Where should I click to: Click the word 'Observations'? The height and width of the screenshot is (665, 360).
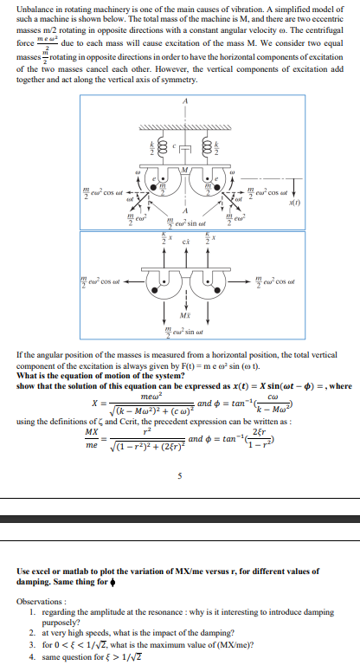40,600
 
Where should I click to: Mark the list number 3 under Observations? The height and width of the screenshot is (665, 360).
32,645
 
